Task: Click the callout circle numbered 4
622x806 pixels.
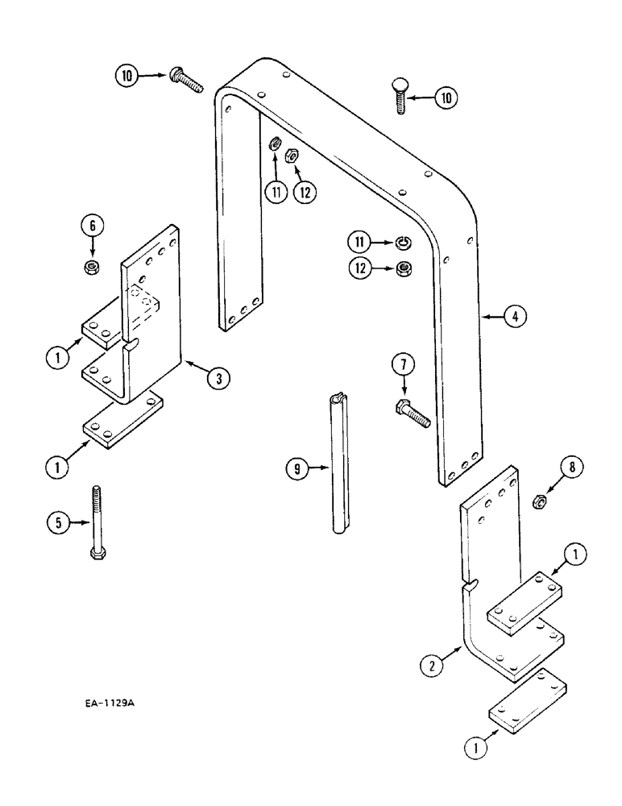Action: coord(516,318)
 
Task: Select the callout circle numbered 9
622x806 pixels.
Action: coord(298,469)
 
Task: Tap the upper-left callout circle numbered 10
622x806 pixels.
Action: coord(126,77)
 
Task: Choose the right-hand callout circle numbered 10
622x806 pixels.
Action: coord(445,98)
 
